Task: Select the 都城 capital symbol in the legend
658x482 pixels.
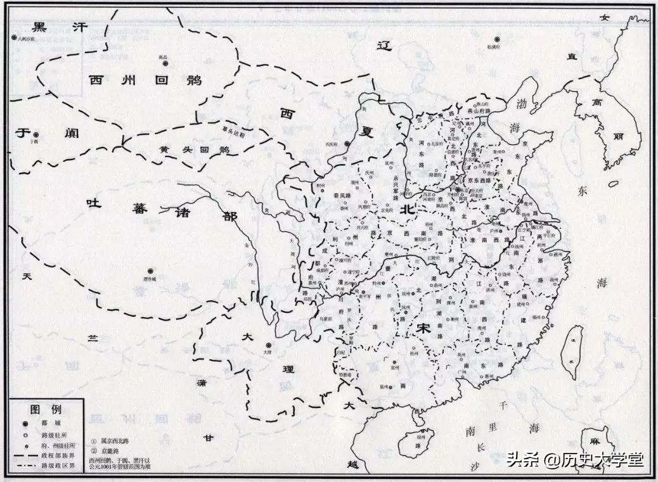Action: [x=26, y=424]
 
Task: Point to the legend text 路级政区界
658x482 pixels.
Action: [x=58, y=466]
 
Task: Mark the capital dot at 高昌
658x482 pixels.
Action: [x=165, y=63]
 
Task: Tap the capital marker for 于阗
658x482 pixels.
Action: [x=36, y=135]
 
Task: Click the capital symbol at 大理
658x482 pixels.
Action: [x=269, y=345]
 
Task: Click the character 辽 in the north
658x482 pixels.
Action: [x=382, y=46]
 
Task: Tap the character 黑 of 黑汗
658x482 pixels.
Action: [x=39, y=27]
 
